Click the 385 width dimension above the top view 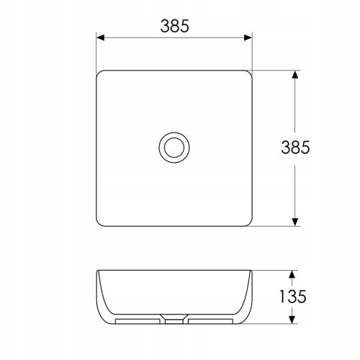click(x=175, y=26)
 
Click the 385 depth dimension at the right click(x=295, y=147)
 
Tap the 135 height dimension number click(x=293, y=297)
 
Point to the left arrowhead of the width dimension click(x=100, y=37)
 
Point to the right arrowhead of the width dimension click(x=248, y=37)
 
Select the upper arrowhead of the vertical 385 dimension click(x=295, y=75)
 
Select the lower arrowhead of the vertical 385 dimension click(x=295, y=222)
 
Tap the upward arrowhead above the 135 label click(x=292, y=274)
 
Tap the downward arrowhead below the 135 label click(x=292, y=319)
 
